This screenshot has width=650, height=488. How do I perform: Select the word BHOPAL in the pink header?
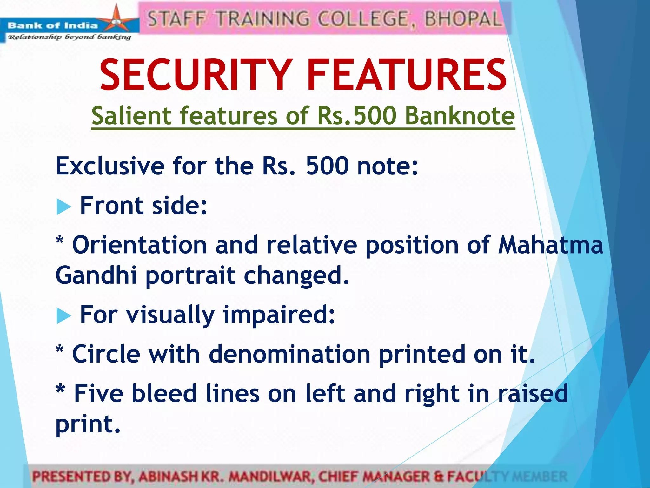click(463, 18)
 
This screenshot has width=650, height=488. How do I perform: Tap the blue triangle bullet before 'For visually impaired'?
click(63, 316)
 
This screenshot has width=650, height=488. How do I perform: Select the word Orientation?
click(140, 245)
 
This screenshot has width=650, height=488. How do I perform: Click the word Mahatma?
click(550, 245)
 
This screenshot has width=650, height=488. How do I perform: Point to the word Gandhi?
click(96, 275)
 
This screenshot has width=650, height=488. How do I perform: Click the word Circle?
click(106, 354)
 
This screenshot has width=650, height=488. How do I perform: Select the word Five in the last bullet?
click(98, 393)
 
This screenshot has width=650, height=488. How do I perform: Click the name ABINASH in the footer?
click(168, 477)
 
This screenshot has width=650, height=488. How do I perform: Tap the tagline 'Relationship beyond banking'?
click(69, 37)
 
